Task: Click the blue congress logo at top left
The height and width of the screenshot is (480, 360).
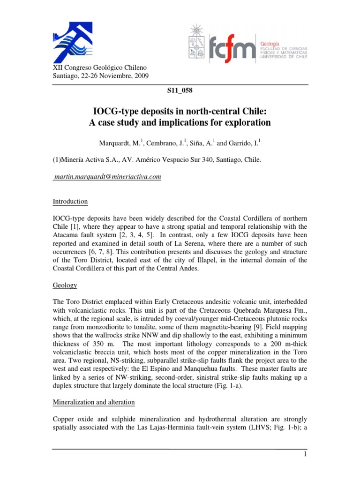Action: (x=70, y=42)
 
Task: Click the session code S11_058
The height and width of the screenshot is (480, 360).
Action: (x=180, y=91)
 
